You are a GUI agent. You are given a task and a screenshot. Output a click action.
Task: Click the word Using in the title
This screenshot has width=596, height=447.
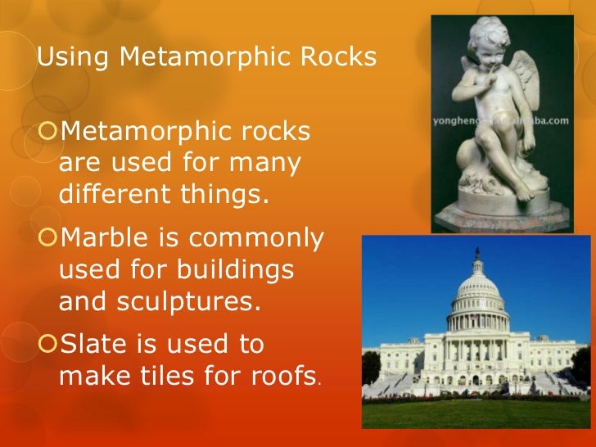click(63, 58)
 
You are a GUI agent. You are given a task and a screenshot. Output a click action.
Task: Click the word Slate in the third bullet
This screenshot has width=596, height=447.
click(93, 344)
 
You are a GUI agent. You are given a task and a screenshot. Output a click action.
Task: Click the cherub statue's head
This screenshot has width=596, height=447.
click(488, 42)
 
